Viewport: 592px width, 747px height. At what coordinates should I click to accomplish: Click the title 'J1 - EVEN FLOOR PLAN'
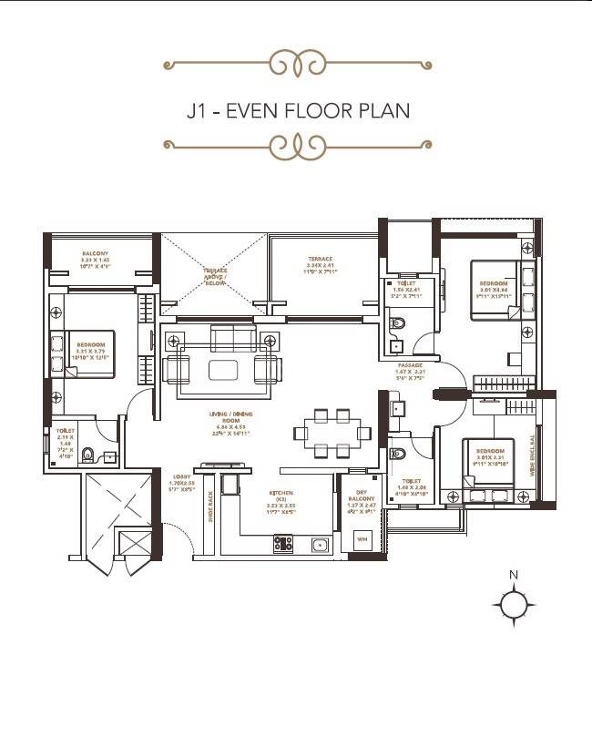[297, 111]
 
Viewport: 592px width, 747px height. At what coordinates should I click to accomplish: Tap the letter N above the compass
[514, 575]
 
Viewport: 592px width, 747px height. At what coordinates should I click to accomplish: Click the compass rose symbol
[514, 603]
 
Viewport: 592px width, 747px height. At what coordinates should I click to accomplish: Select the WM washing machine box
[362, 539]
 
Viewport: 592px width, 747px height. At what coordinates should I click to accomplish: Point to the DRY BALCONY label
[362, 499]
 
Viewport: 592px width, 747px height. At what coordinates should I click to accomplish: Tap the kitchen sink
[320, 545]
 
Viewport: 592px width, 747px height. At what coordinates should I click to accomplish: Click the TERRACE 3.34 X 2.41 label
[320, 264]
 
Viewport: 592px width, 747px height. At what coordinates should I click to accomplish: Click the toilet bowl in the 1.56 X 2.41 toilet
[397, 322]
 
